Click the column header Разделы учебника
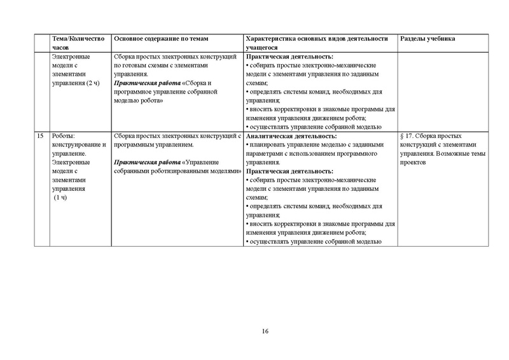(427, 39)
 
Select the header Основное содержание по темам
(162, 39)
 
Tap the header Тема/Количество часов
(78, 43)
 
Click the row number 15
(41, 136)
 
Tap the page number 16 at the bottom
(265, 331)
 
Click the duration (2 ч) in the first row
(94, 83)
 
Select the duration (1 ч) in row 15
(61, 198)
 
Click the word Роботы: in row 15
(64, 136)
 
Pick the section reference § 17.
(408, 136)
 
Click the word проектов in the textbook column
(412, 162)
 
